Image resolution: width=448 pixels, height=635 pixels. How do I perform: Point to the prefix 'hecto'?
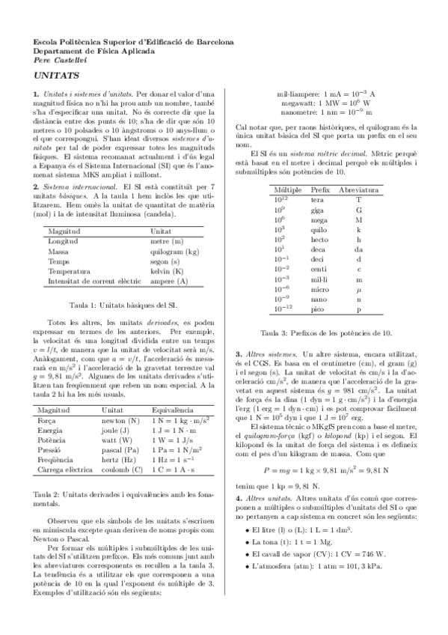pyautogui.click(x=319, y=240)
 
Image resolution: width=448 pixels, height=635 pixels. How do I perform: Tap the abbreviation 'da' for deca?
pyautogui.click(x=358, y=249)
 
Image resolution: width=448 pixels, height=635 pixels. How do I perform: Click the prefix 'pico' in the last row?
pyautogui.click(x=318, y=309)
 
